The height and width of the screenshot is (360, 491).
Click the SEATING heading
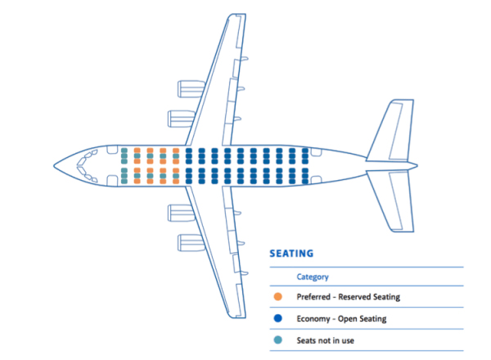pos(291,254)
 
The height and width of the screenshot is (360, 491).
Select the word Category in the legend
pos(313,277)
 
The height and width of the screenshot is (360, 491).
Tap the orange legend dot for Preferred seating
pos(277,296)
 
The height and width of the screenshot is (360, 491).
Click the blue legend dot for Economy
pos(277,318)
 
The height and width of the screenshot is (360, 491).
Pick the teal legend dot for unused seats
pos(277,340)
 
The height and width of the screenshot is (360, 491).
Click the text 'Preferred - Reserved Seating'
pos(349,297)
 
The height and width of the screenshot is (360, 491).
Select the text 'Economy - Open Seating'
pos(341,318)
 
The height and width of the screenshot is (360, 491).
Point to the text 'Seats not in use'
pos(326,340)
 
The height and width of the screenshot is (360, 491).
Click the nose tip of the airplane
pos(54,165)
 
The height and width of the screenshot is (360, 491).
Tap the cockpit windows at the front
pos(87,165)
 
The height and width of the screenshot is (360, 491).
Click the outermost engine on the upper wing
pos(191,89)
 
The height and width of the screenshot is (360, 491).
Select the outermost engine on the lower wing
pos(191,243)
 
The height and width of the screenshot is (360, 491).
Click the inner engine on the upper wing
pos(182,119)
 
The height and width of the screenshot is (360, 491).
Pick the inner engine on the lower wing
pos(182,213)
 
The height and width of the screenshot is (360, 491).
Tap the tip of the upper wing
pos(237,15)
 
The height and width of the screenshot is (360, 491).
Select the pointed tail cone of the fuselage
pos(414,165)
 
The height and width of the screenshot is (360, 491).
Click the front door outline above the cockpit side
pos(112,150)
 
